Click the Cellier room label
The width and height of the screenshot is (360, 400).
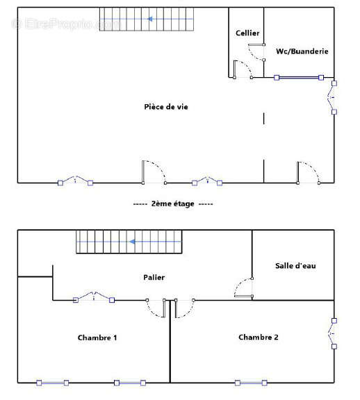tap(247, 33)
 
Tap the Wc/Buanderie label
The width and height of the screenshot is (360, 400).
tap(302, 51)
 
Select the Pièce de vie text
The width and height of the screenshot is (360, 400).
tap(165, 107)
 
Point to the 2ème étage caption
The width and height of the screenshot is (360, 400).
tap(173, 204)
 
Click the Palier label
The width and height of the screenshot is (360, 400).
tap(155, 278)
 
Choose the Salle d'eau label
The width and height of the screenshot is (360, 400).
tap(295, 265)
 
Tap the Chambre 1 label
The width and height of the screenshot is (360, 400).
tap(97, 338)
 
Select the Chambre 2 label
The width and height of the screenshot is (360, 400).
tap(259, 337)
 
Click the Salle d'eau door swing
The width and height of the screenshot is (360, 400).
tap(243, 289)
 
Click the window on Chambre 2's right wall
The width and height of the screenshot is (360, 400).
tap(334, 333)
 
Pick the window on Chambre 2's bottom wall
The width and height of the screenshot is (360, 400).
tap(251, 383)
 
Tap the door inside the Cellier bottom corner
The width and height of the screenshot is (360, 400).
tap(241, 69)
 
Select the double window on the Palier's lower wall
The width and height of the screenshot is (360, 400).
tap(93, 299)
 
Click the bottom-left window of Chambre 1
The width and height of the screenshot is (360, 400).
tap(52, 383)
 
